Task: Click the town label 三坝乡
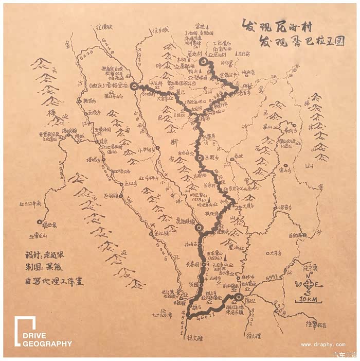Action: point(212,157)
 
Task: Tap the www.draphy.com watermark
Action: point(323,345)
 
